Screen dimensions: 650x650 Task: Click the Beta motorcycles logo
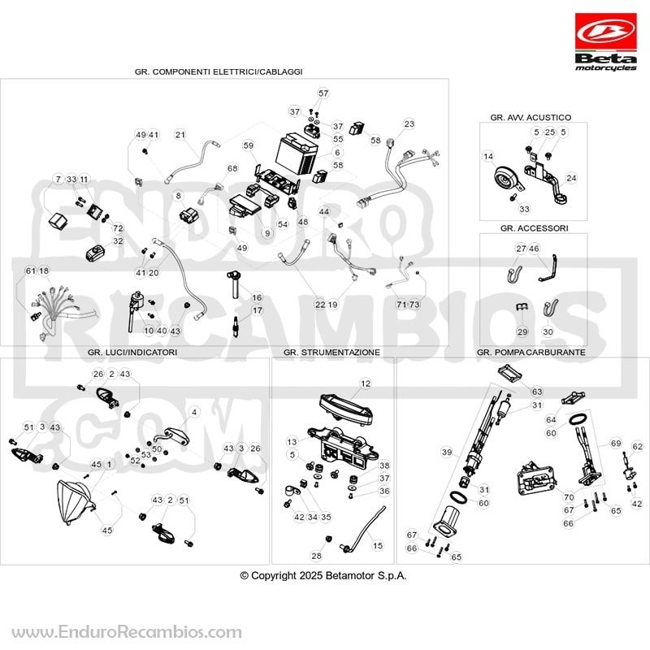(x=605, y=42)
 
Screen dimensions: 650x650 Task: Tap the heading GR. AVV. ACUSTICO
(x=531, y=117)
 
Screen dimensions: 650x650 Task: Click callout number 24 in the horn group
(x=571, y=178)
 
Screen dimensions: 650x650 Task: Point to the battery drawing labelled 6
(x=297, y=153)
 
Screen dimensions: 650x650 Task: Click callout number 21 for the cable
(x=180, y=135)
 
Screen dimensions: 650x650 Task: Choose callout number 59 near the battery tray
(x=249, y=145)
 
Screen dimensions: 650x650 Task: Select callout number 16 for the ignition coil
(x=257, y=297)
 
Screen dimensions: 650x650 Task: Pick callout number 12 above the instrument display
(x=365, y=383)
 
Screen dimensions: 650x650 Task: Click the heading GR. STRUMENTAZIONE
(x=331, y=352)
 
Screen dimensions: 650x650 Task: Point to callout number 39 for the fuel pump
(x=446, y=452)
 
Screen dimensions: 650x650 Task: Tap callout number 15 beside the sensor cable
(x=377, y=545)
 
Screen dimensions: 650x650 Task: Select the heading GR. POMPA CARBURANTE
(x=531, y=352)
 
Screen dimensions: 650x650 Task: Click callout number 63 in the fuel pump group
(x=537, y=392)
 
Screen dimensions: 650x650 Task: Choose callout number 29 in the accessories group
(x=522, y=331)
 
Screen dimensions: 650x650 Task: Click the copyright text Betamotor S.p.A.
(x=366, y=575)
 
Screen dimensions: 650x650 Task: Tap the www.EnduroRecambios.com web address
(x=127, y=632)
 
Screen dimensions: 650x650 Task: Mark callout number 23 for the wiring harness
(x=409, y=123)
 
